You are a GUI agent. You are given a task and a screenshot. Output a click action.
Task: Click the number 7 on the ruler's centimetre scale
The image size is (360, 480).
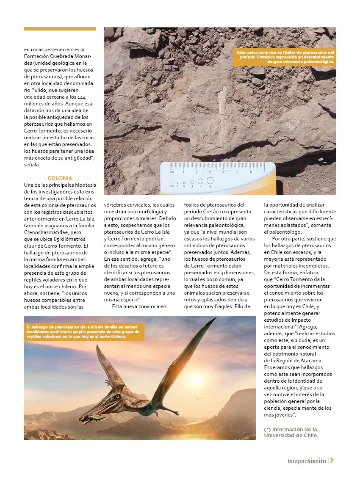tap(264, 172)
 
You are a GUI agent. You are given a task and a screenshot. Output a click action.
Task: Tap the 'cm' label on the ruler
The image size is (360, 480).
tap(172, 172)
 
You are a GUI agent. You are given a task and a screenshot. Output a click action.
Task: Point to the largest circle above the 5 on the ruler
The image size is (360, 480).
tap(210, 181)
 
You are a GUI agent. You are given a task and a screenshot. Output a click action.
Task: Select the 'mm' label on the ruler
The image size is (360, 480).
tap(171, 186)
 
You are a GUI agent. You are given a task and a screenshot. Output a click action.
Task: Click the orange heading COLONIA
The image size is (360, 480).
tap(60, 178)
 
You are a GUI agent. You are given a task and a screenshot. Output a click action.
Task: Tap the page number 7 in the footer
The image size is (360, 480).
tap(332, 461)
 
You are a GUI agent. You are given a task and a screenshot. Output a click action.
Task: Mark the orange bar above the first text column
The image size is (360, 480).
tap(60, 29)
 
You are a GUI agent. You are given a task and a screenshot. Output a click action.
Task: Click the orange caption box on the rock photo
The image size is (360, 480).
tap(284, 57)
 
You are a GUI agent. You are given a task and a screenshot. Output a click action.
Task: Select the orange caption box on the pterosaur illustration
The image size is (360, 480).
tap(84, 332)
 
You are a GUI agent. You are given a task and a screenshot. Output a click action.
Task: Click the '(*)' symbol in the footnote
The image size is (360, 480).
tap(267, 429)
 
